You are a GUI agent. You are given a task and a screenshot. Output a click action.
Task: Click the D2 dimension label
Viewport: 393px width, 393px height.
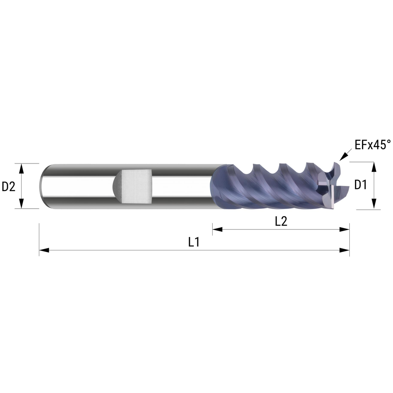(x=9, y=186)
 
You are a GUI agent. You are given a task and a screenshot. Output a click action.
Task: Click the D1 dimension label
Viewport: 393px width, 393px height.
(x=360, y=185)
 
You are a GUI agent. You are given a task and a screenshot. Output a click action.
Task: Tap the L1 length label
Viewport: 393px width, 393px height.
(x=194, y=242)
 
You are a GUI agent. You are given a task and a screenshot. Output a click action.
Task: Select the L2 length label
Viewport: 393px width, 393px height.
(x=281, y=221)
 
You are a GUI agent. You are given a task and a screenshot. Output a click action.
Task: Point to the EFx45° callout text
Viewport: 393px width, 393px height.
(x=373, y=145)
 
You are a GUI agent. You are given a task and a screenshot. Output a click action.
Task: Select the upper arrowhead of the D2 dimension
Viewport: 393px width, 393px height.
(x=22, y=169)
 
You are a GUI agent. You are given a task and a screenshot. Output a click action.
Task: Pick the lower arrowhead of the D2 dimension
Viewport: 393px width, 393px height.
(x=22, y=203)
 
